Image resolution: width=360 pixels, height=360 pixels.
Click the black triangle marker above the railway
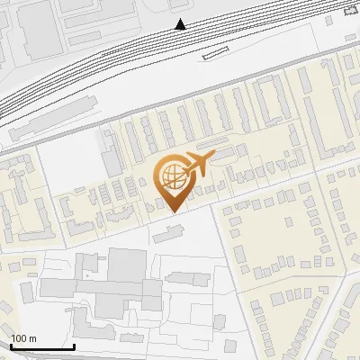tap(182, 24)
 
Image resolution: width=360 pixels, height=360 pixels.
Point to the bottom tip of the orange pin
tap(172, 212)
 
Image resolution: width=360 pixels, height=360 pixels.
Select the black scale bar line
tap(41, 347)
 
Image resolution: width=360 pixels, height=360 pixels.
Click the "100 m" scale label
tap(23, 338)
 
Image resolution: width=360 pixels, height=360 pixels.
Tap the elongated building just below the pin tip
tap(166, 235)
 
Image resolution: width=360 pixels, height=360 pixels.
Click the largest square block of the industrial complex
tap(127, 265)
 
